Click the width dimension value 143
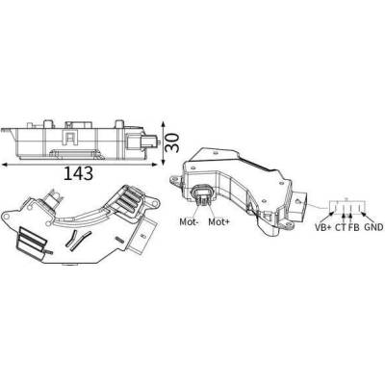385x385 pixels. (x=79, y=173)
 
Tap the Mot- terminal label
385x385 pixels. (x=190, y=221)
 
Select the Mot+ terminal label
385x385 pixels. (x=219, y=221)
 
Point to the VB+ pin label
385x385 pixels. (x=322, y=227)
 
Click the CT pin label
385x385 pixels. (x=341, y=227)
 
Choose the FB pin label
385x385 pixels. (x=354, y=227)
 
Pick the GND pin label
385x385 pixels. (x=374, y=227)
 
